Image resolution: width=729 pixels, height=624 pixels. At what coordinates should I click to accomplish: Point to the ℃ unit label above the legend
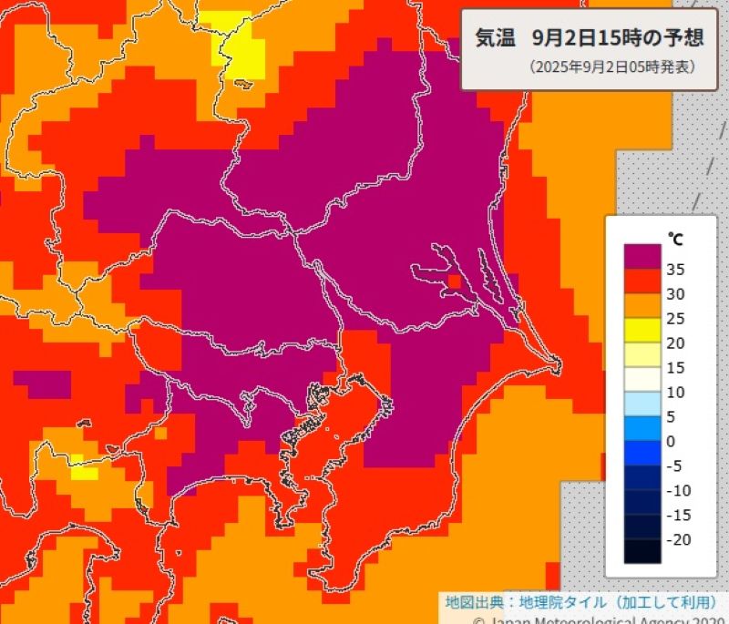pos(674,240)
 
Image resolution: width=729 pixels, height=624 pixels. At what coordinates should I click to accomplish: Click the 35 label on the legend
pos(676,270)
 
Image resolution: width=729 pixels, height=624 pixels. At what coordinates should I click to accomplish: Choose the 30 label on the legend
pos(676,294)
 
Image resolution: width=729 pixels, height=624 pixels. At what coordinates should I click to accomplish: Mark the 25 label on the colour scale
pos(676,319)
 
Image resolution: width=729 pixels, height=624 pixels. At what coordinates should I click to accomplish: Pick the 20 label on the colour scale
pos(676,343)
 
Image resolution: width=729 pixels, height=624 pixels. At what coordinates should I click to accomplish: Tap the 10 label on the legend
pos(676,393)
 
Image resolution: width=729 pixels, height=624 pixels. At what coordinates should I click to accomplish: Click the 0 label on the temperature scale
pos(673,442)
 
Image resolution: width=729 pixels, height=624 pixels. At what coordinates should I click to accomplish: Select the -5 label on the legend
pos(678,466)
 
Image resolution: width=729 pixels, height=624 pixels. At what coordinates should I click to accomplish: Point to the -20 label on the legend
pos(680,540)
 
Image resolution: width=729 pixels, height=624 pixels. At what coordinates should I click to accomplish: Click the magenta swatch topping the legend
pos(642,256)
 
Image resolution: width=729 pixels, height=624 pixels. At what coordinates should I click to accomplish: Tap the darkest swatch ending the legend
pos(642,551)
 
